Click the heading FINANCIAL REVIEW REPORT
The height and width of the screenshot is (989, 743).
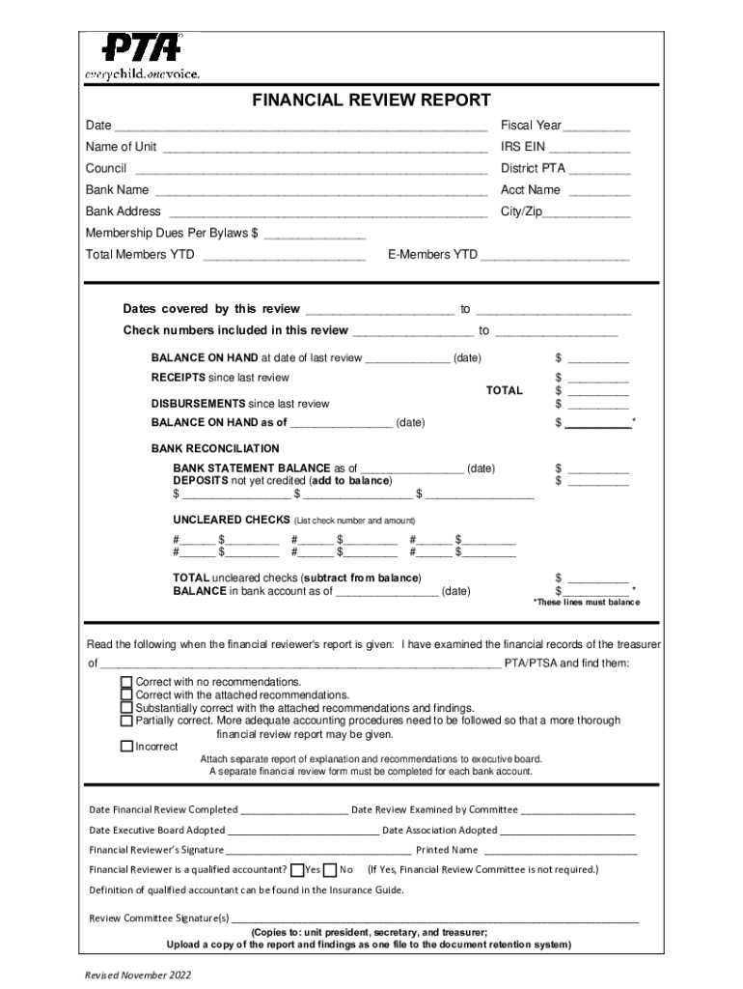[x=371, y=100]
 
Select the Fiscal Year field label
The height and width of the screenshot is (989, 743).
[x=531, y=126]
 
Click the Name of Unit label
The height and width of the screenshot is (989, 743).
[x=121, y=147]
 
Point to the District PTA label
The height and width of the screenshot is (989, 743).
[x=533, y=168]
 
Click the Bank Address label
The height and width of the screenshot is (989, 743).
[x=123, y=212]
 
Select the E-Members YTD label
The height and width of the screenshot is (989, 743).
[x=432, y=255]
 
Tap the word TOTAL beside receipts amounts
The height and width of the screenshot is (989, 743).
[x=504, y=391]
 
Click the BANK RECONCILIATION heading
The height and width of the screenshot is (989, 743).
[x=215, y=449]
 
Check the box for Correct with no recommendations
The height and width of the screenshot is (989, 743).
[x=125, y=682]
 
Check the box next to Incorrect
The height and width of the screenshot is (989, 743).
[x=125, y=747]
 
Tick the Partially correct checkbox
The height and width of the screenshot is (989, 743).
[x=125, y=721]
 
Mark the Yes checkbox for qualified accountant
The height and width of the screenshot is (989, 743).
[x=297, y=869]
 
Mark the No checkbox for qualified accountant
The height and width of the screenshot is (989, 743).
[x=330, y=869]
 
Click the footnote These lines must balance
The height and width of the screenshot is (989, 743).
[x=586, y=602]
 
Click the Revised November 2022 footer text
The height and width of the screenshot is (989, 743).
[x=138, y=975]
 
